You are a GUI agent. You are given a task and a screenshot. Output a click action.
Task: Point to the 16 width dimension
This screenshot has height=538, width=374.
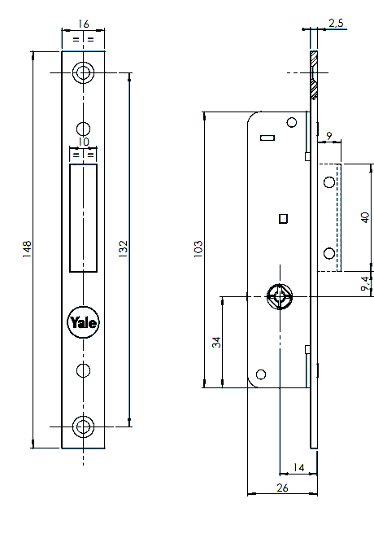tap(83, 24)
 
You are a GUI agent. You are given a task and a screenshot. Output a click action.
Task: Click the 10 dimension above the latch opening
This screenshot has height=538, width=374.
tap(83, 142)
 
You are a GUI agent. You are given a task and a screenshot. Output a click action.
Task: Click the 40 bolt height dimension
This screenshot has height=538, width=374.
tap(365, 217)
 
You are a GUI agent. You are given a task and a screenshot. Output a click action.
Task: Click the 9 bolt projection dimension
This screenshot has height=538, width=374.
tap(328, 134)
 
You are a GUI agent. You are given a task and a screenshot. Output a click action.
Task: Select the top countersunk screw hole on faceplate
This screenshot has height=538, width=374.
tap(83, 72)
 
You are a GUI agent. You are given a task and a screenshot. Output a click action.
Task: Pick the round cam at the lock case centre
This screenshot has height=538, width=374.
tap(279, 298)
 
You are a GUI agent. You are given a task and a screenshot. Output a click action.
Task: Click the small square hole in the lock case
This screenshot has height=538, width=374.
tap(282, 218)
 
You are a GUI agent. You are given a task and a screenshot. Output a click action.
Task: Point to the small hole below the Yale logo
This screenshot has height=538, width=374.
tap(83, 370)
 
